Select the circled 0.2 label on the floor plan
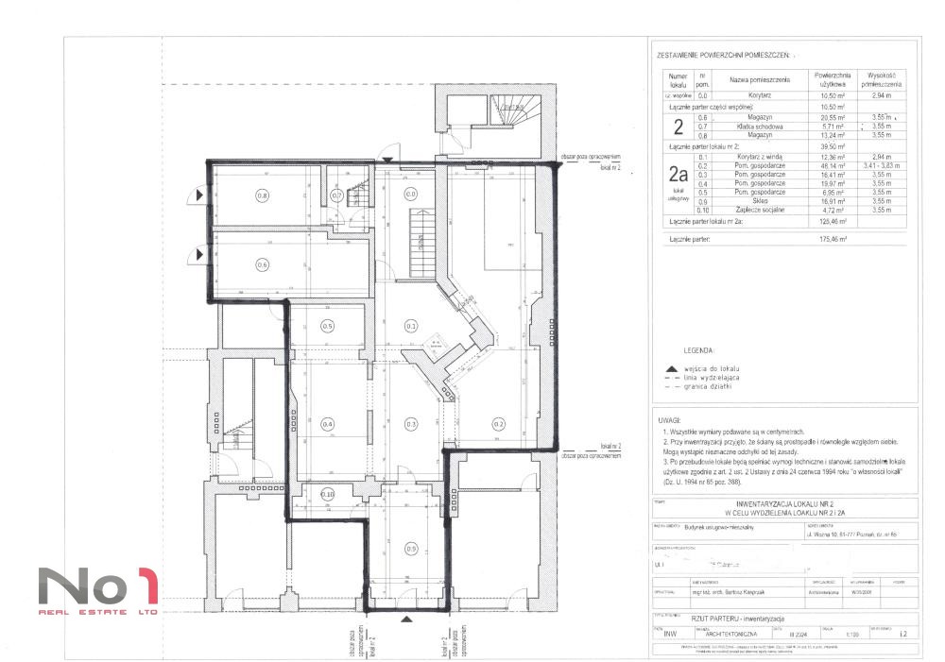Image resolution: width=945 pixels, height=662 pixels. tap(498, 424)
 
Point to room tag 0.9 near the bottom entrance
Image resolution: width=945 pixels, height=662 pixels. tap(410, 548)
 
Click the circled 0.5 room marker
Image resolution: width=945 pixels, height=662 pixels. tap(327, 327)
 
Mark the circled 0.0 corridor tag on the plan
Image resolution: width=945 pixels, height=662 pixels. tap(410, 195)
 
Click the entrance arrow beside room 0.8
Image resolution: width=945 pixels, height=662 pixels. tap(199, 195)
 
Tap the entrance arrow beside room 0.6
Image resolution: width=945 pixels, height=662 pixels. tap(199, 253)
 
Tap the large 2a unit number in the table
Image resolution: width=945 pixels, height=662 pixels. tap(677, 174)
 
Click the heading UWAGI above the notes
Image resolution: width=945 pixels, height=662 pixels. tap(668, 418)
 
